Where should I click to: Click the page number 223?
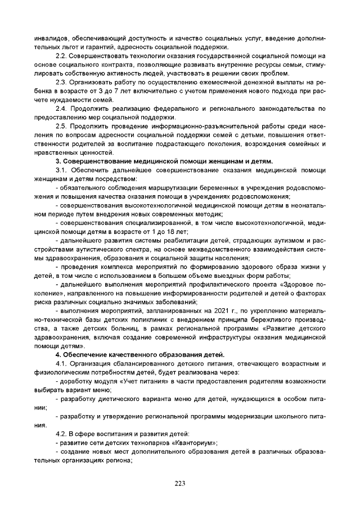pyautogui.click(x=180, y=484)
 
